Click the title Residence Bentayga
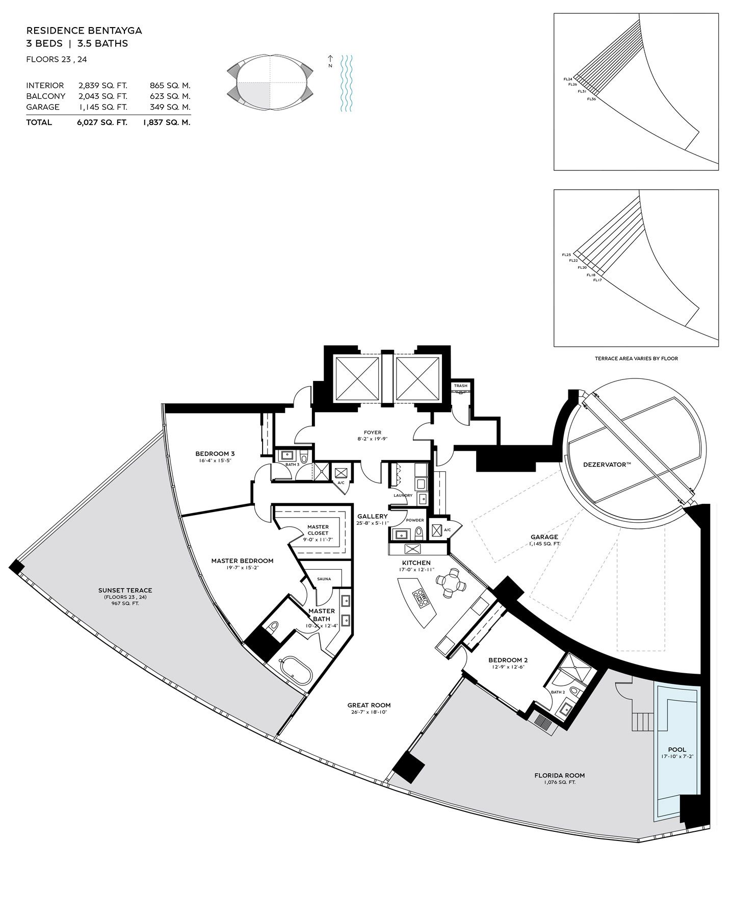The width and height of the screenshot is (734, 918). pos(84,31)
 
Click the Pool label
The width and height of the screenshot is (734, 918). pos(676,750)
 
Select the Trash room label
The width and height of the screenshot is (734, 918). pos(461,386)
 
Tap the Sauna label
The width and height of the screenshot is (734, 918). pos(324,579)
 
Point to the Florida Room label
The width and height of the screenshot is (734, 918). pos(560,775)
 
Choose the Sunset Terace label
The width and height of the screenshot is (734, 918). pos(125,591)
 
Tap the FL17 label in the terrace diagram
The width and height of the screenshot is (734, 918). pos(597,280)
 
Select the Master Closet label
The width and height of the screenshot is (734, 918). pos(318,530)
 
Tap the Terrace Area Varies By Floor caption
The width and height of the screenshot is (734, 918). pos(636,359)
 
